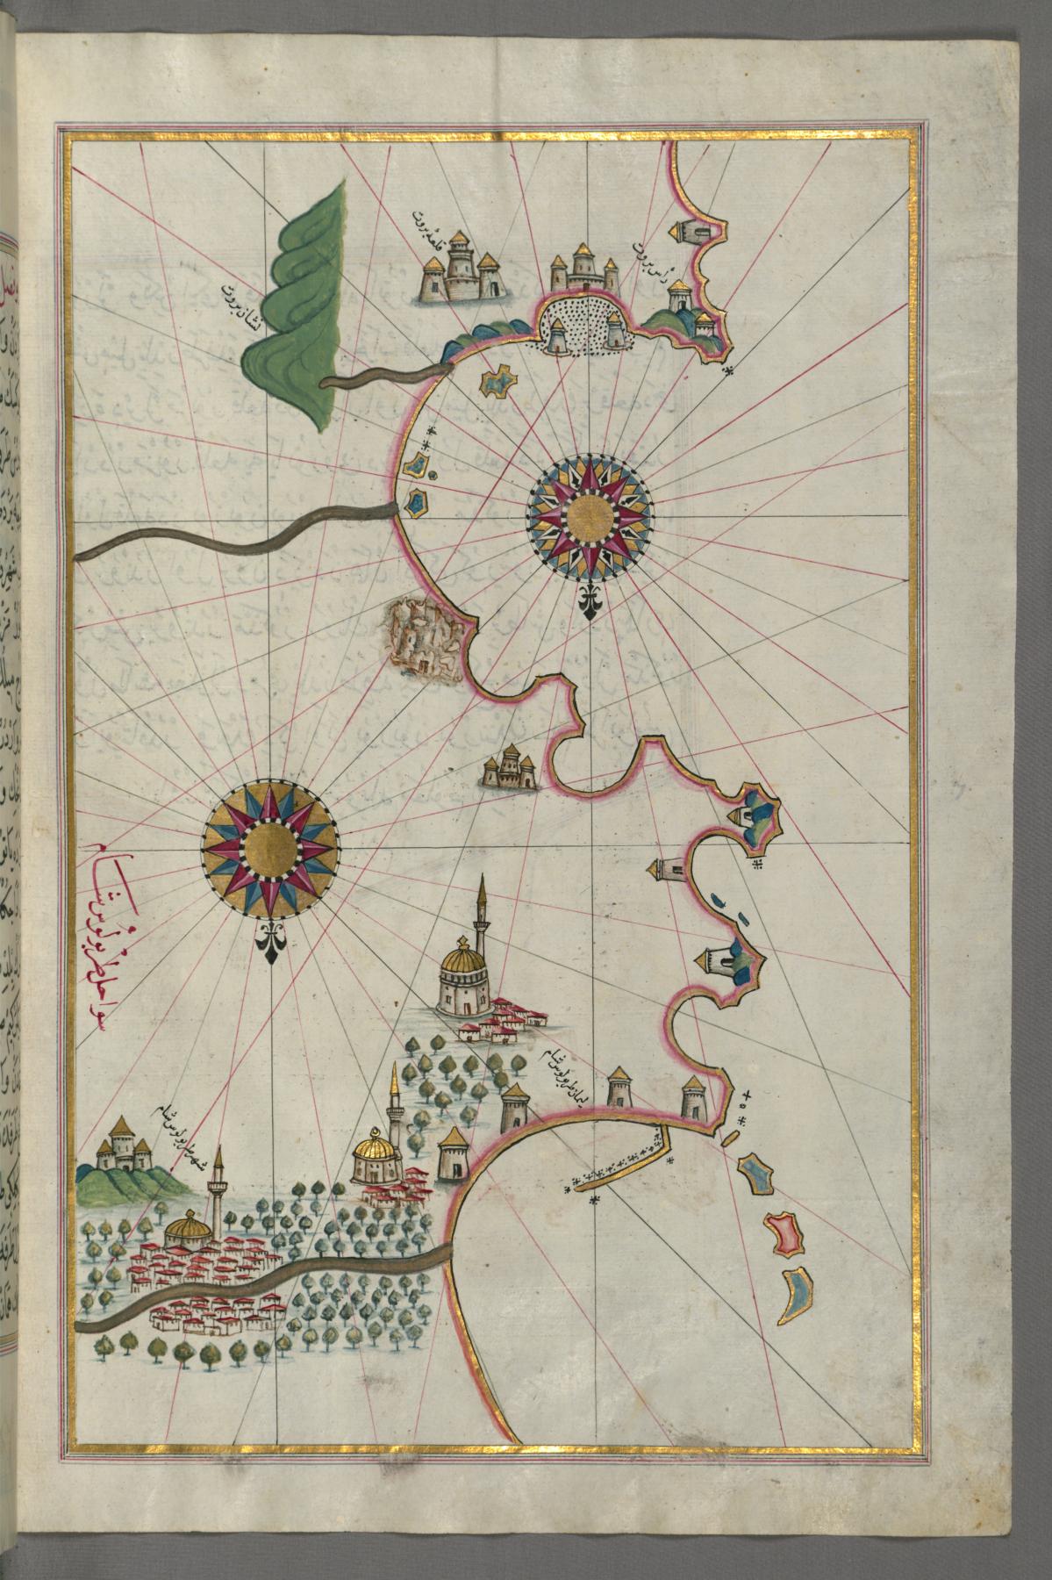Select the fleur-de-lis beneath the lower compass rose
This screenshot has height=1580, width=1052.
(x=269, y=941)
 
